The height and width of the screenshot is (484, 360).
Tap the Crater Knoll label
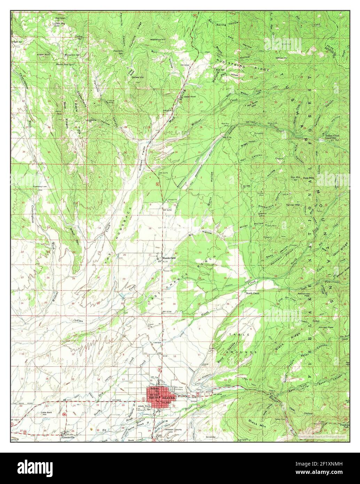point(44,55)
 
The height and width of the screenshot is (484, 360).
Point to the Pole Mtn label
point(308,178)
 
